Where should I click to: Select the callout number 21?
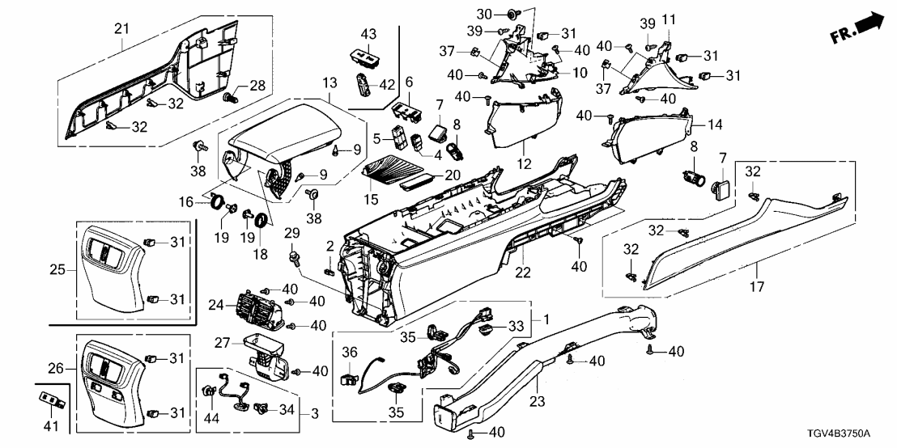(x=121, y=29)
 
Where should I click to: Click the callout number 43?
(x=368, y=34)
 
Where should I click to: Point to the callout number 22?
(x=524, y=273)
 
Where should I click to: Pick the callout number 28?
(x=257, y=86)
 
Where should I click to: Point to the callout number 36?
(x=348, y=352)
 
